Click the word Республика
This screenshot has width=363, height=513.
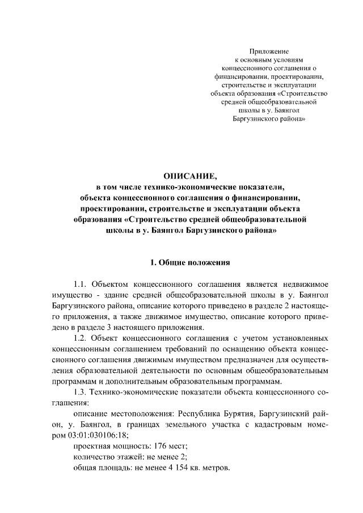208,414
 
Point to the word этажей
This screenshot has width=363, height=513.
127,457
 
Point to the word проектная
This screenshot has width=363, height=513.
92,446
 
